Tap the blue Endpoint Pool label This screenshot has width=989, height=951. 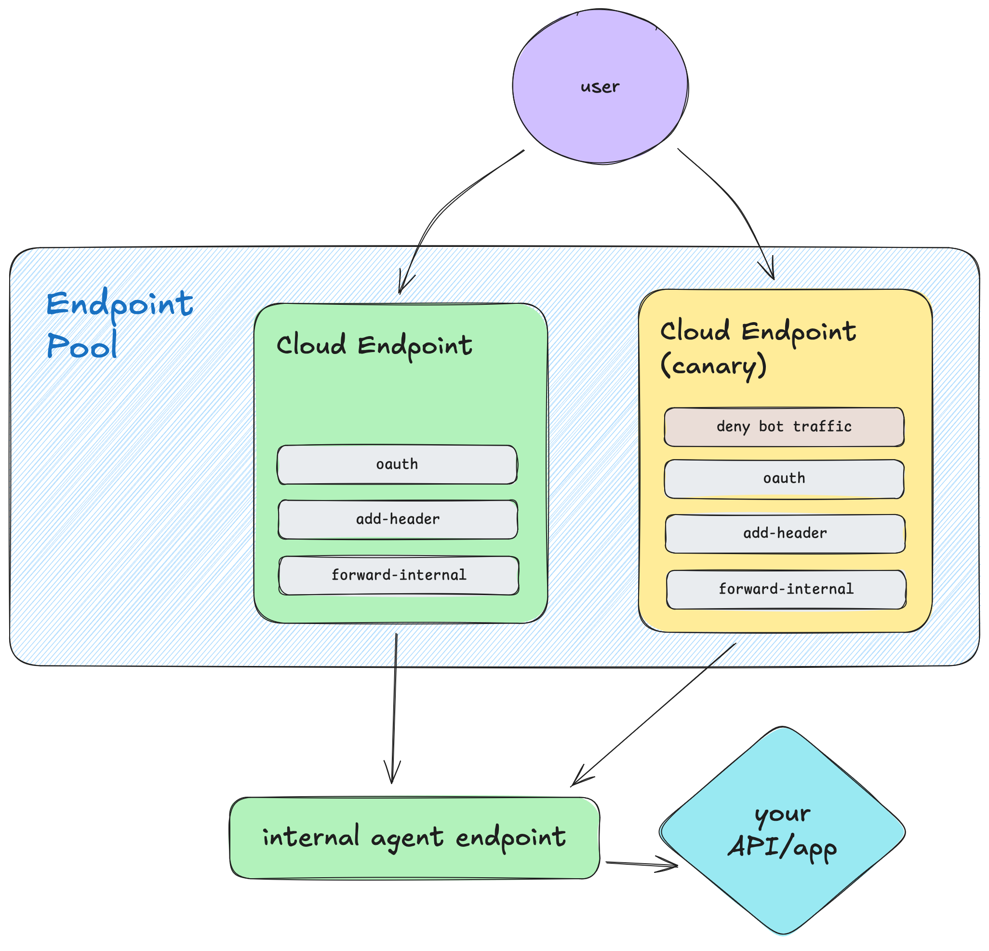coord(119,323)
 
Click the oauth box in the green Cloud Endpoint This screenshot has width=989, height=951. coord(397,464)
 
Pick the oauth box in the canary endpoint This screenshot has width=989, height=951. coord(784,478)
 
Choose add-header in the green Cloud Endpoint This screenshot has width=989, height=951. coord(398,519)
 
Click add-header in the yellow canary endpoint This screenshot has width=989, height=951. coord(785,533)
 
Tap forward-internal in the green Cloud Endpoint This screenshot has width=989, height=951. coord(399,575)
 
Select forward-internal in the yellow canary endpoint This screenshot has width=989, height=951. coord(786,589)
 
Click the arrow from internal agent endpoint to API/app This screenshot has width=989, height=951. coord(641,865)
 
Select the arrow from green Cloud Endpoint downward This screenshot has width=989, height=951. coord(394,706)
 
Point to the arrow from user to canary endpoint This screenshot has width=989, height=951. coord(727,192)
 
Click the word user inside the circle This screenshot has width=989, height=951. coord(600,87)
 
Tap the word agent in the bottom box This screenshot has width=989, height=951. coord(407,838)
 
